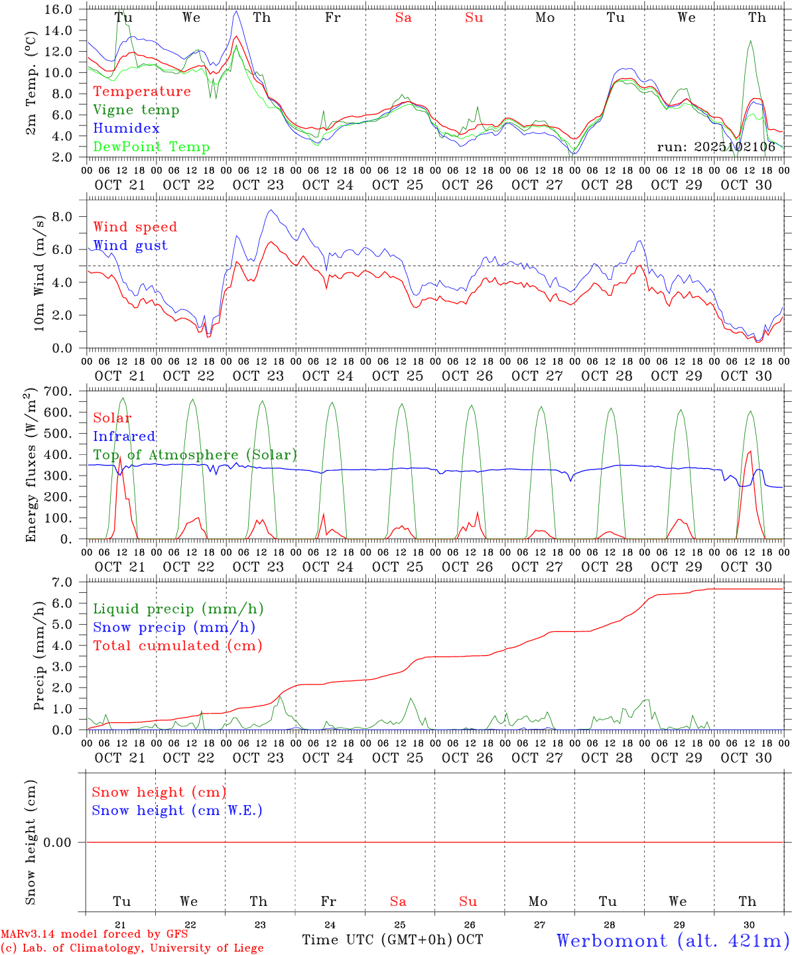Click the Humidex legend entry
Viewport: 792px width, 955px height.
tap(126, 128)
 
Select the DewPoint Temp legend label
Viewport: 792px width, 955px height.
tap(151, 147)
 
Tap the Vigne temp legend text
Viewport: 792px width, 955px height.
tap(136, 109)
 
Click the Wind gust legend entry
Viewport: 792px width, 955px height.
tap(130, 245)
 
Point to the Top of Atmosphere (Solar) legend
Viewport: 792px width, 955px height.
tap(195, 455)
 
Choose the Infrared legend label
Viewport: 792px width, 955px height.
tap(124, 436)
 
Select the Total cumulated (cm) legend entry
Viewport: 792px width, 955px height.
tap(177, 645)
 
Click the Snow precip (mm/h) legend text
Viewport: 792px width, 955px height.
tap(174, 627)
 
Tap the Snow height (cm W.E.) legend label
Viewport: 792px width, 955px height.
tap(177, 810)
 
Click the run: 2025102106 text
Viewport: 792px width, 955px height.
tap(716, 147)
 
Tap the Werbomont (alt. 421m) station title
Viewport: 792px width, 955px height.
tap(673, 940)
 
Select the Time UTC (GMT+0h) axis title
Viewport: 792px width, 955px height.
tap(377, 940)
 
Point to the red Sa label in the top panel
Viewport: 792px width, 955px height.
tap(403, 18)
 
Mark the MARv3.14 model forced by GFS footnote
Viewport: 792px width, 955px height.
tap(94, 934)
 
